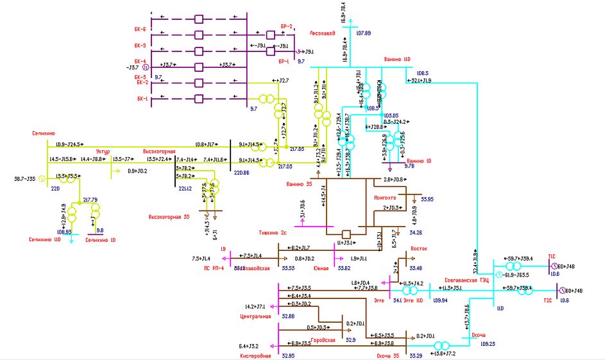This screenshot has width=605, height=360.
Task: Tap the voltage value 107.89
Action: click(x=363, y=32)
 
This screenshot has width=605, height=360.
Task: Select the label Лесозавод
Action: click(x=322, y=33)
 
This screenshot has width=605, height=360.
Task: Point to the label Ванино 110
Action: click(x=397, y=60)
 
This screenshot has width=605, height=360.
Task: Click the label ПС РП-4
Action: click(x=214, y=268)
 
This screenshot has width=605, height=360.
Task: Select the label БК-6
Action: click(x=141, y=30)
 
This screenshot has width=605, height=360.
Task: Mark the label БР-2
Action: click(x=286, y=26)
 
